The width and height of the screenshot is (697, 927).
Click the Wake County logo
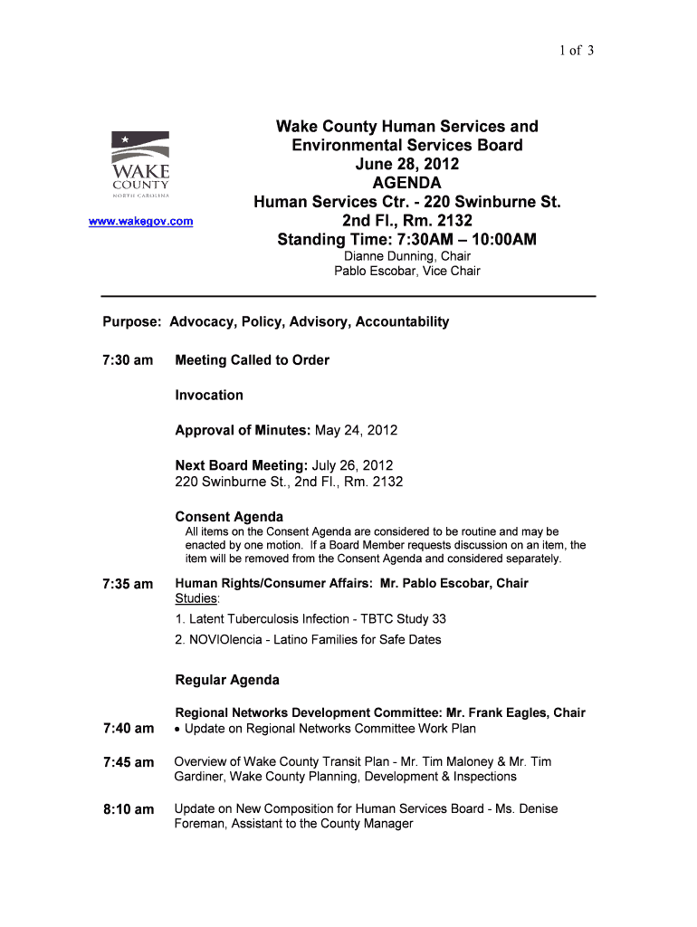pyautogui.click(x=140, y=165)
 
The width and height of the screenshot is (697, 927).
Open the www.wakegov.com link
pyautogui.click(x=140, y=221)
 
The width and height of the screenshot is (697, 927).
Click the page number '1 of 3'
pyautogui.click(x=576, y=51)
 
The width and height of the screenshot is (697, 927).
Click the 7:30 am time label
pyautogui.click(x=127, y=360)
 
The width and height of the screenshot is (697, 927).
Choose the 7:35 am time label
pyautogui.click(x=127, y=584)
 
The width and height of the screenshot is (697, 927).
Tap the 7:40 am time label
pyautogui.click(x=127, y=729)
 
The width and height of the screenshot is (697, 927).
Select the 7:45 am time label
pyautogui.click(x=127, y=762)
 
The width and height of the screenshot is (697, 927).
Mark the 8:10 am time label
pyautogui.click(x=127, y=809)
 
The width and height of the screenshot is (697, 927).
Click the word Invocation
pyautogui.click(x=209, y=395)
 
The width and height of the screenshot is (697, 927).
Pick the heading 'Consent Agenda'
pyautogui.click(x=229, y=517)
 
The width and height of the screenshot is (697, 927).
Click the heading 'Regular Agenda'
pyautogui.click(x=227, y=680)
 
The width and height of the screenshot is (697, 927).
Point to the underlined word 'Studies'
pyautogui.click(x=196, y=599)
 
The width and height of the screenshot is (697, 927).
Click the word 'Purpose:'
pyautogui.click(x=132, y=321)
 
